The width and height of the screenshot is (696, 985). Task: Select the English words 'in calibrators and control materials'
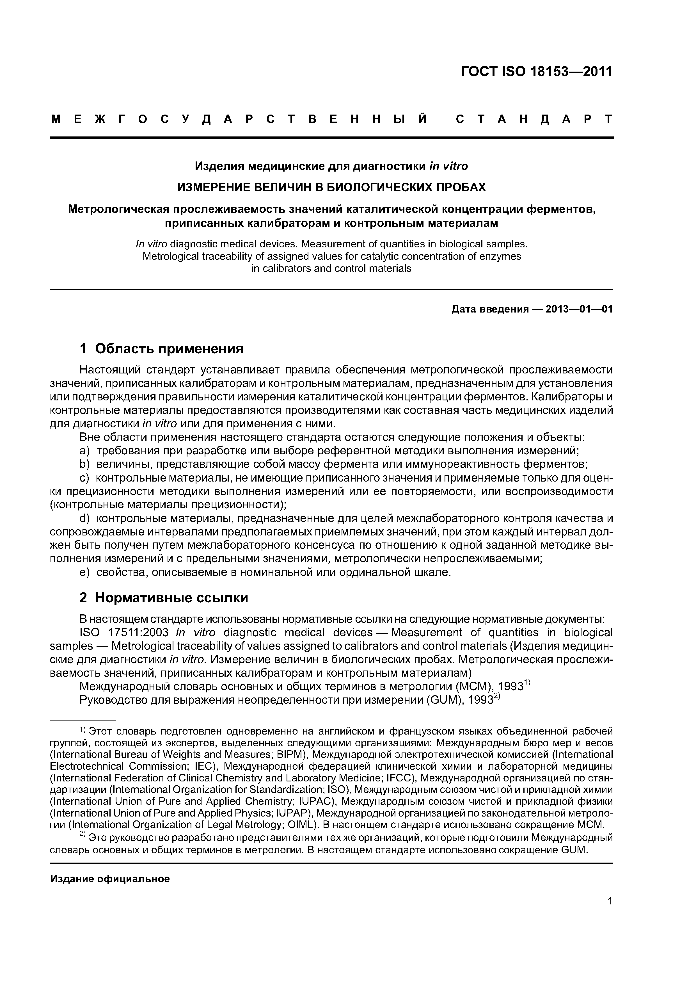[331, 268]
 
